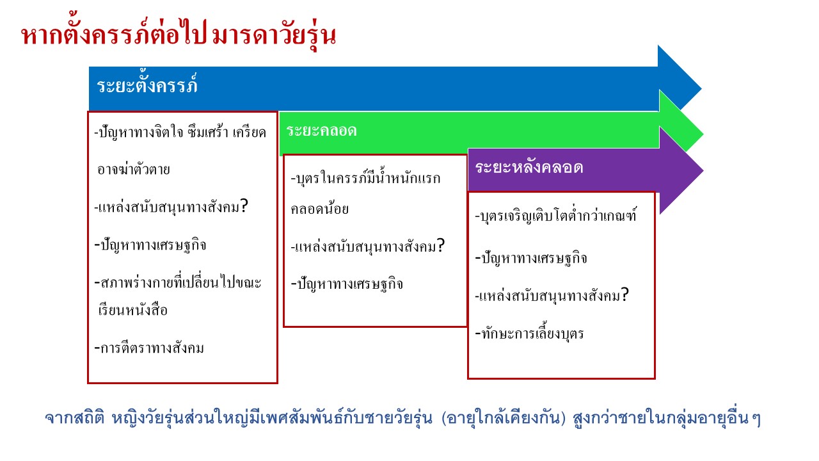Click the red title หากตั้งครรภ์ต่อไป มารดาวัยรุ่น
click(179, 35)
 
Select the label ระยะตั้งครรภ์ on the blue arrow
click(147, 85)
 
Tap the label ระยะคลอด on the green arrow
click(321, 131)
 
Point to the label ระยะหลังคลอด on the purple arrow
click(529, 167)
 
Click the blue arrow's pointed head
click(680, 78)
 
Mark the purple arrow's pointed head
click(681, 170)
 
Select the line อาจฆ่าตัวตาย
click(134, 170)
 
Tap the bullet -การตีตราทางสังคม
click(149, 348)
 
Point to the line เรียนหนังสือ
click(132, 311)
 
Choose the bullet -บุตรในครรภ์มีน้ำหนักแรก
click(365, 178)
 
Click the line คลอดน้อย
click(319, 209)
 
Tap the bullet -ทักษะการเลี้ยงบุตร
click(529, 333)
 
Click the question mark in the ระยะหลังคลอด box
click(625, 295)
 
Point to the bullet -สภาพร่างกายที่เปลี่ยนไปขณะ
click(178, 282)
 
